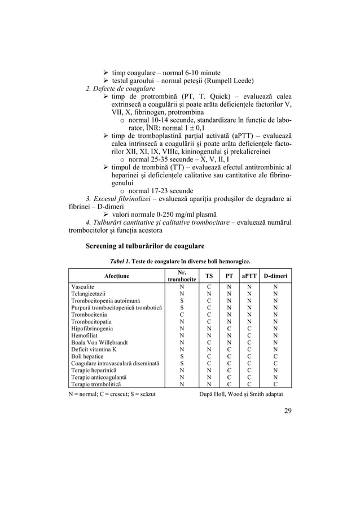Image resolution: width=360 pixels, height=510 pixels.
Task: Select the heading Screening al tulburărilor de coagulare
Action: pyautogui.click(x=144, y=246)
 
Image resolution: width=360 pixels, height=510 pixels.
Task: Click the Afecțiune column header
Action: pyautogui.click(x=116, y=276)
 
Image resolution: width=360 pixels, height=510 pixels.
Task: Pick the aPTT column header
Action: pyautogui.click(x=248, y=276)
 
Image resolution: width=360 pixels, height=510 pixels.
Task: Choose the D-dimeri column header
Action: pyautogui.click(x=275, y=276)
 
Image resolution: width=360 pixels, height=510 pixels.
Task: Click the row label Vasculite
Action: pyautogui.click(x=82, y=287)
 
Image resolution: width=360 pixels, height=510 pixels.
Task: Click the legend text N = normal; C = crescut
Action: pyautogui.click(x=112, y=394)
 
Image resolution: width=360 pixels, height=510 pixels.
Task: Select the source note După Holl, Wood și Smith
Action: pyautogui.click(x=242, y=394)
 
